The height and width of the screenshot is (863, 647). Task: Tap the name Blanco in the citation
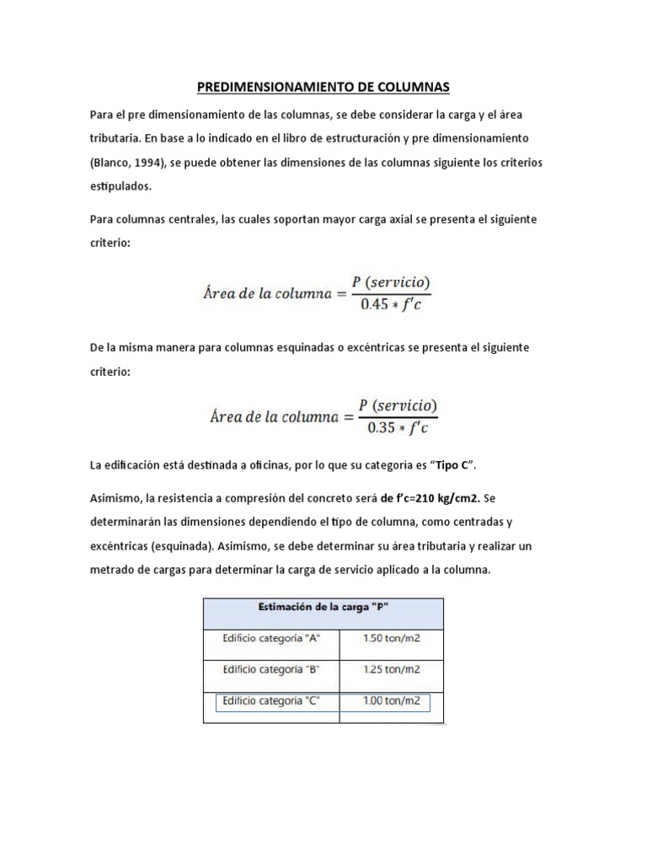[111, 162]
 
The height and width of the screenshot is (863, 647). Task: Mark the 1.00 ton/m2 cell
[391, 701]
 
